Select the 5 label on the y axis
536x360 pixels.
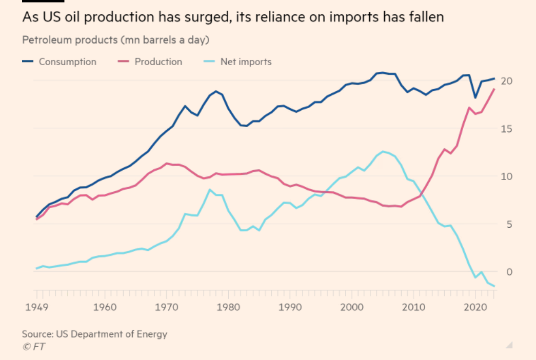pos(509,224)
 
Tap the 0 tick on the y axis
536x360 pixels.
pos(509,272)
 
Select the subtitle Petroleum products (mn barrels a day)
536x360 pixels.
pos(115,40)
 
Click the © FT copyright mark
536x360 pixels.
pos(33,347)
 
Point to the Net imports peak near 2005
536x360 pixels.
pos(383,151)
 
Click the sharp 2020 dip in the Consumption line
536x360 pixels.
pos(475,97)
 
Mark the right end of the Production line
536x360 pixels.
pos(494,89)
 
